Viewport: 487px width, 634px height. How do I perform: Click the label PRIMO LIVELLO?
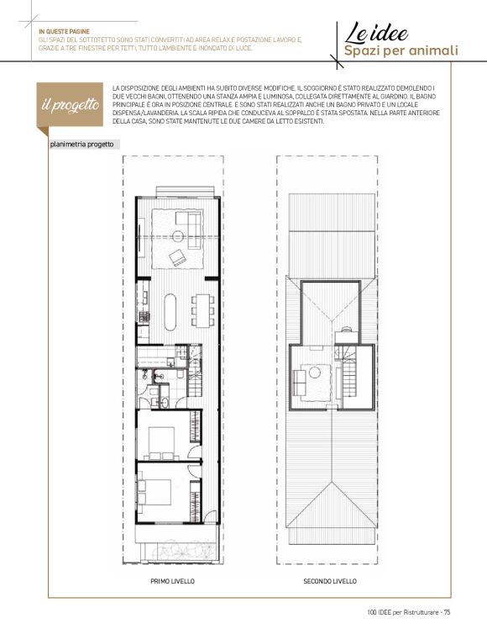(x=172, y=581)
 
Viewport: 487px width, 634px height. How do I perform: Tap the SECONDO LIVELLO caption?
(x=330, y=581)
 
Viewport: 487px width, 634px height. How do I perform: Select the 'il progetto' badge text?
(x=71, y=104)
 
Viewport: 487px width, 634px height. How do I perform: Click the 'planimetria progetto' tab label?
(x=82, y=145)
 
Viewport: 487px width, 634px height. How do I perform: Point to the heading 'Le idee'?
(x=376, y=33)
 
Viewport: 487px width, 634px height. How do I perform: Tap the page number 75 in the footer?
(x=447, y=612)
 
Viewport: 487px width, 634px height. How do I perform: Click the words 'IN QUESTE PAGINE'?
(x=64, y=31)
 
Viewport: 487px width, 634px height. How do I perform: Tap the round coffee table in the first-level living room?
(x=178, y=236)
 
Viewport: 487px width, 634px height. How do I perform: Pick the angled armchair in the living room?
(x=178, y=257)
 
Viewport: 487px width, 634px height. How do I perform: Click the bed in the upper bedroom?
(x=162, y=443)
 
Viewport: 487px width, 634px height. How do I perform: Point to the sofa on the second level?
(x=299, y=383)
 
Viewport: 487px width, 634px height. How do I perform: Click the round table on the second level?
(x=315, y=372)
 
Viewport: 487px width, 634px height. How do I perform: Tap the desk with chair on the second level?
(x=345, y=335)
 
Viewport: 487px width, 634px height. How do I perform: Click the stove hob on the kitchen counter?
(x=143, y=317)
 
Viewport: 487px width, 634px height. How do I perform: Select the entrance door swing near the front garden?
(x=210, y=517)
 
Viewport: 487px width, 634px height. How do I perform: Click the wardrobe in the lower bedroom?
(x=196, y=501)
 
